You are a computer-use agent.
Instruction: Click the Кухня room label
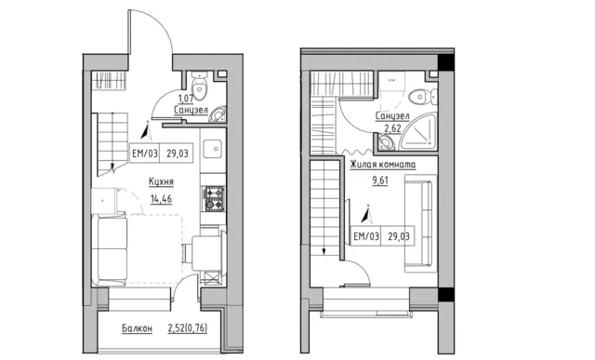[x=161, y=182]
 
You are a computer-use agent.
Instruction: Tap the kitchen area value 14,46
[x=161, y=199]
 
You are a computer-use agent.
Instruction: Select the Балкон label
[x=137, y=328]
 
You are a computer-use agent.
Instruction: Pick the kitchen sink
[x=212, y=149]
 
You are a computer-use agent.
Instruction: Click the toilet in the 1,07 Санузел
[x=198, y=85]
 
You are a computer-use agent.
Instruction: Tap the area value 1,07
[x=186, y=99]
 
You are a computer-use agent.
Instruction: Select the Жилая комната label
[x=382, y=165]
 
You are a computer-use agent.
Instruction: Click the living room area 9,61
[x=380, y=180]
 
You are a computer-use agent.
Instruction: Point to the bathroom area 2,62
[x=392, y=128]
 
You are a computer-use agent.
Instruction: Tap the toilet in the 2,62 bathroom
[x=422, y=97]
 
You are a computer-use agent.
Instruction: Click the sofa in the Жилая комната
[x=418, y=223]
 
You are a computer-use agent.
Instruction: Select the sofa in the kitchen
[x=110, y=249]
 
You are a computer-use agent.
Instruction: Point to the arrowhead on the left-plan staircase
[x=112, y=167]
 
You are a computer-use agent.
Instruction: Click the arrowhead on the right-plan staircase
[x=324, y=251]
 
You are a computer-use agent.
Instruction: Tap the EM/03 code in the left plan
[x=145, y=153]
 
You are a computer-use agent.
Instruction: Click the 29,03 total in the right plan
[x=399, y=236]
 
